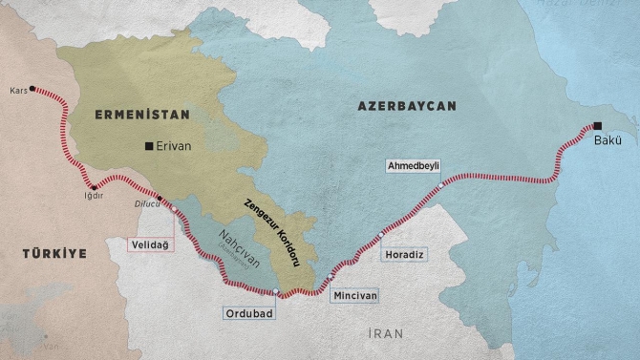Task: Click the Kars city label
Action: pyautogui.click(x=16, y=91)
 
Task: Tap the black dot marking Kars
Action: pyautogui.click(x=33, y=89)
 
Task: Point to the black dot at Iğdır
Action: pyautogui.click(x=93, y=186)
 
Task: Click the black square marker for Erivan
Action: pyautogui.click(x=148, y=147)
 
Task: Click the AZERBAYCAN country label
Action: pyautogui.click(x=407, y=105)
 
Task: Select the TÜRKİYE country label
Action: pyautogui.click(x=55, y=253)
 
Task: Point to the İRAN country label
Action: pyautogui.click(x=386, y=333)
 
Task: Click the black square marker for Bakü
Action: pyautogui.click(x=597, y=126)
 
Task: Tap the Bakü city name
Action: pyautogui.click(x=608, y=141)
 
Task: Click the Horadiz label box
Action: pyautogui.click(x=402, y=255)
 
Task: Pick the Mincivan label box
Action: pyautogui.click(x=355, y=296)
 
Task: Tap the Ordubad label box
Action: pyautogui.click(x=251, y=312)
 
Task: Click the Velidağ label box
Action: pyautogui.click(x=152, y=244)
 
